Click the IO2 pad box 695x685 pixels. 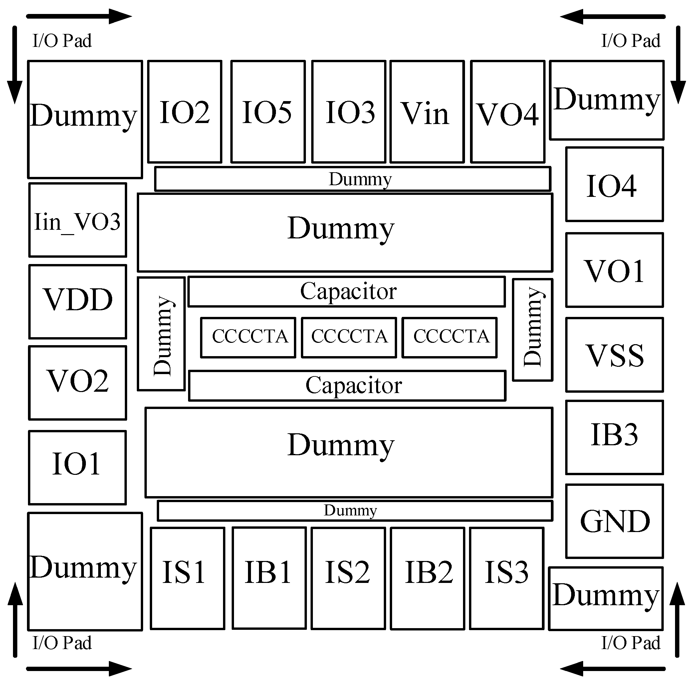click(184, 112)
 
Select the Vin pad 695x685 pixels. click(427, 112)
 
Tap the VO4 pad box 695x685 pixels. click(508, 112)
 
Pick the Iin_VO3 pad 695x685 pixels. click(78, 220)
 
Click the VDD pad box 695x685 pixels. click(78, 302)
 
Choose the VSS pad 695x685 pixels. click(614, 355)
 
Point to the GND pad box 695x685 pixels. click(614, 521)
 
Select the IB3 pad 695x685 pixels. click(614, 437)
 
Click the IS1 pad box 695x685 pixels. click(187, 578)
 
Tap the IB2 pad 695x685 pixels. click(428, 579)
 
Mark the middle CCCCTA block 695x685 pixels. click(349, 338)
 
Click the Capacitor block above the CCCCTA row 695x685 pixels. click(347, 292)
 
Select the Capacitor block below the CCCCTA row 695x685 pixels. click(347, 386)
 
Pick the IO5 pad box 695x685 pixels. click(268, 112)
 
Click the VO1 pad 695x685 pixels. click(614, 270)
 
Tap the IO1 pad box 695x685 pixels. click(77, 467)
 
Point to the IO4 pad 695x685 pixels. click(614, 184)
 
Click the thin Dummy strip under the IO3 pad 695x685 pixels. click(352, 179)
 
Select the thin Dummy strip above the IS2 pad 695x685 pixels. click(355, 511)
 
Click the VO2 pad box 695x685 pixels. click(78, 383)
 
